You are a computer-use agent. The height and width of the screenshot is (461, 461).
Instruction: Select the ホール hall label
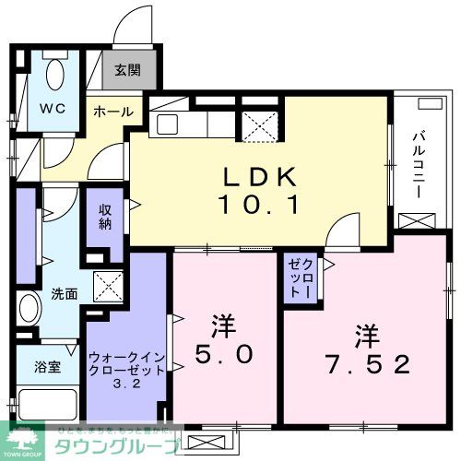coord(112,112)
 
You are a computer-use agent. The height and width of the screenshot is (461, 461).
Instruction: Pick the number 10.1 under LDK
coord(258,205)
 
